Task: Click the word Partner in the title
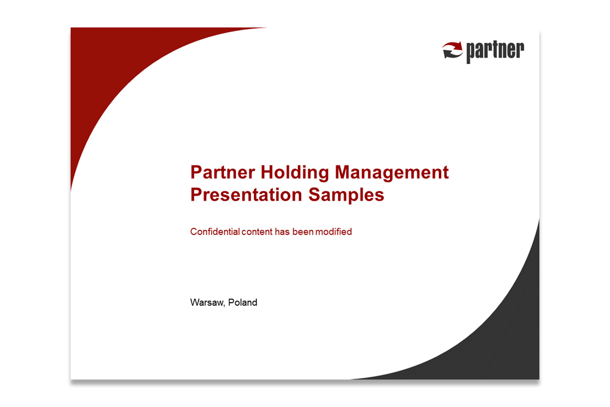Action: (222, 173)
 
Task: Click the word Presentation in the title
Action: (246, 195)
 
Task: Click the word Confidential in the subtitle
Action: (215, 232)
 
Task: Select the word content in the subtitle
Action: (257, 232)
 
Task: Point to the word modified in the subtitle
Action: (333, 232)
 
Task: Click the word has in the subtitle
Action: (282, 232)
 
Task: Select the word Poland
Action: (242, 302)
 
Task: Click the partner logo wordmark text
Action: (495, 51)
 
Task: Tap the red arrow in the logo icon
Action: (453, 46)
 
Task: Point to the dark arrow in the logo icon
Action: (452, 55)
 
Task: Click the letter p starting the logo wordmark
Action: (471, 53)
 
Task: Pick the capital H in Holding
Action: (267, 173)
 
